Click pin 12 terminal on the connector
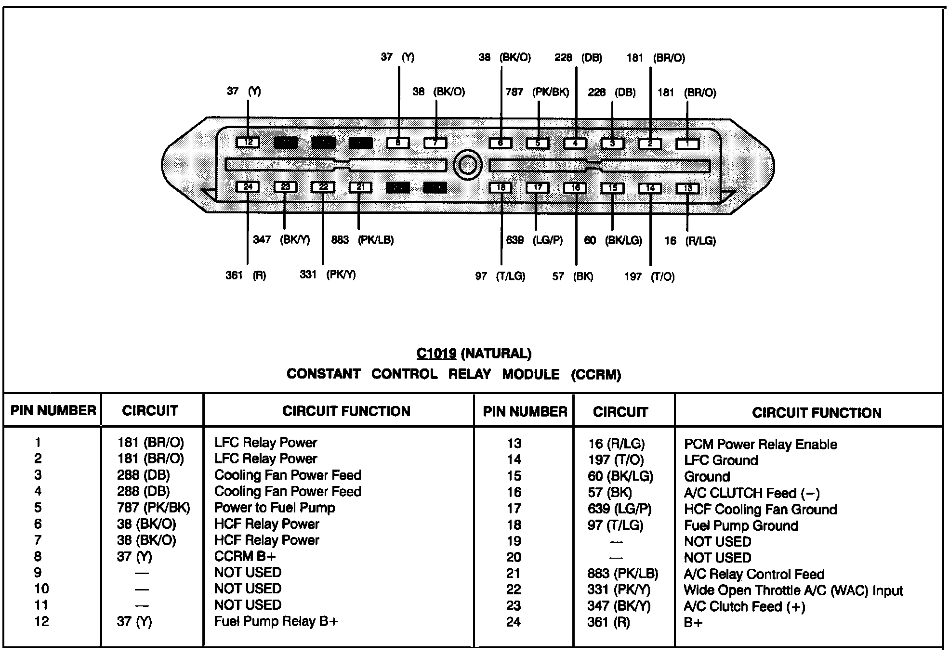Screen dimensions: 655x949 (248, 143)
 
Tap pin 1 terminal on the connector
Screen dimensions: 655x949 (687, 144)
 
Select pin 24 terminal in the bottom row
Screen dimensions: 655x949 (248, 187)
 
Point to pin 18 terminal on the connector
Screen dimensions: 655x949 (501, 188)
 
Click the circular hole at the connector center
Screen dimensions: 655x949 (468, 165)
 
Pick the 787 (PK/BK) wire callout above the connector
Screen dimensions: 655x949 (537, 92)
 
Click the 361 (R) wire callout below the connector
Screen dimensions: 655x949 (246, 275)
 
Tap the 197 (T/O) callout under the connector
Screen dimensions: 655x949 (649, 276)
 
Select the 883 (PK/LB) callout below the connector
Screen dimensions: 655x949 (362, 240)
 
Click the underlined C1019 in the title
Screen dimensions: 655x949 (436, 354)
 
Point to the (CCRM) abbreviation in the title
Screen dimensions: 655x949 (596, 375)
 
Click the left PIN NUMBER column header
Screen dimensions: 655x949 (53, 410)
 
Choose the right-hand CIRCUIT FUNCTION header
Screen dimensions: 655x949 (817, 413)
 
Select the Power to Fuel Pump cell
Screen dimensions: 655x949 (275, 508)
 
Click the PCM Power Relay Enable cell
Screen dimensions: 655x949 (760, 444)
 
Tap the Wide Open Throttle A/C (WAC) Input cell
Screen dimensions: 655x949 (793, 590)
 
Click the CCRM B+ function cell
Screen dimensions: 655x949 (245, 556)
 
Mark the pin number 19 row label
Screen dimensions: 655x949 (514, 541)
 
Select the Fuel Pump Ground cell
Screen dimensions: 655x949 (741, 525)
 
